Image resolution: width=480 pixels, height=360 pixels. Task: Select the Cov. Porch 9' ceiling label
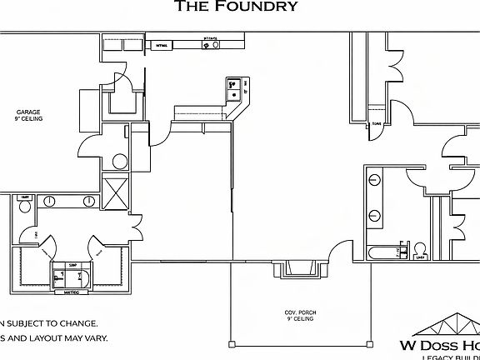[x=301, y=316]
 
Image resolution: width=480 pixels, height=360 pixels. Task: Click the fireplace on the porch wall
[x=294, y=269]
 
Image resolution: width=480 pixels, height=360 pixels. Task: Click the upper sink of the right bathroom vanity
[x=374, y=178]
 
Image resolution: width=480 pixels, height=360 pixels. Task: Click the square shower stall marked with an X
[x=114, y=192]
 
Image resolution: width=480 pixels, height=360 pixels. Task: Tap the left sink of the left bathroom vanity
[x=51, y=201]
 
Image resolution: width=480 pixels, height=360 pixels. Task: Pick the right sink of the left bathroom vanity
[x=88, y=201]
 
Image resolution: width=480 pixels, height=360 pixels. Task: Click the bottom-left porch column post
[x=232, y=343]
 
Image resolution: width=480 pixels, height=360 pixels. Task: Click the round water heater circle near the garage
[x=119, y=162]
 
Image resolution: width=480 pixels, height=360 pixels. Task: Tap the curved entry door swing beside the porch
[x=338, y=249]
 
